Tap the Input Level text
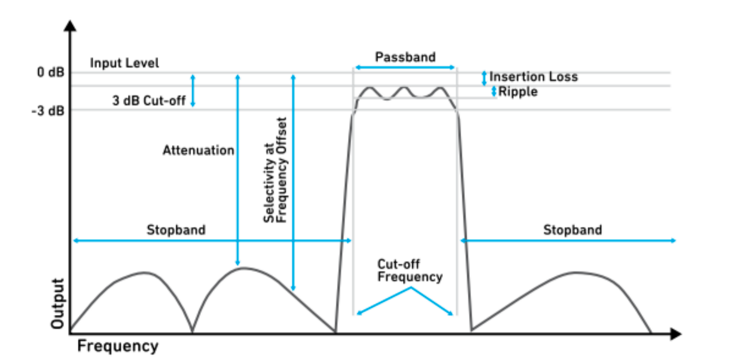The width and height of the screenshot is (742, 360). [124, 63]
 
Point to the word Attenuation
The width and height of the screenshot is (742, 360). [198, 150]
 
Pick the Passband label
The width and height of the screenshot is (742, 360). [405, 57]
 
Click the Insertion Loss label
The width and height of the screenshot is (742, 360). [533, 77]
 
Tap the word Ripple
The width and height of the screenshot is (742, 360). [517, 92]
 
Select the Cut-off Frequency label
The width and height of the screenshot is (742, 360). [409, 271]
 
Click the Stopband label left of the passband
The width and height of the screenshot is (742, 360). [176, 230]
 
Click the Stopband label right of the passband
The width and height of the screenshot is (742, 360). [572, 230]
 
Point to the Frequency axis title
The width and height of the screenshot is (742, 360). [118, 347]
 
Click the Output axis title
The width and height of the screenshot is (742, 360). [57, 303]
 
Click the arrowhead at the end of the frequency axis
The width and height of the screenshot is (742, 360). [676, 334]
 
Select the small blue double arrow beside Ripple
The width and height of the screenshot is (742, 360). [493, 91]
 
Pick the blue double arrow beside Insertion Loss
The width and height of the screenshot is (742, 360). [484, 78]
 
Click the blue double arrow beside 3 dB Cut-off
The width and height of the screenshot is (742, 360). [193, 91]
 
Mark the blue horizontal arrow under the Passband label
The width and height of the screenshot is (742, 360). [404, 67]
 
